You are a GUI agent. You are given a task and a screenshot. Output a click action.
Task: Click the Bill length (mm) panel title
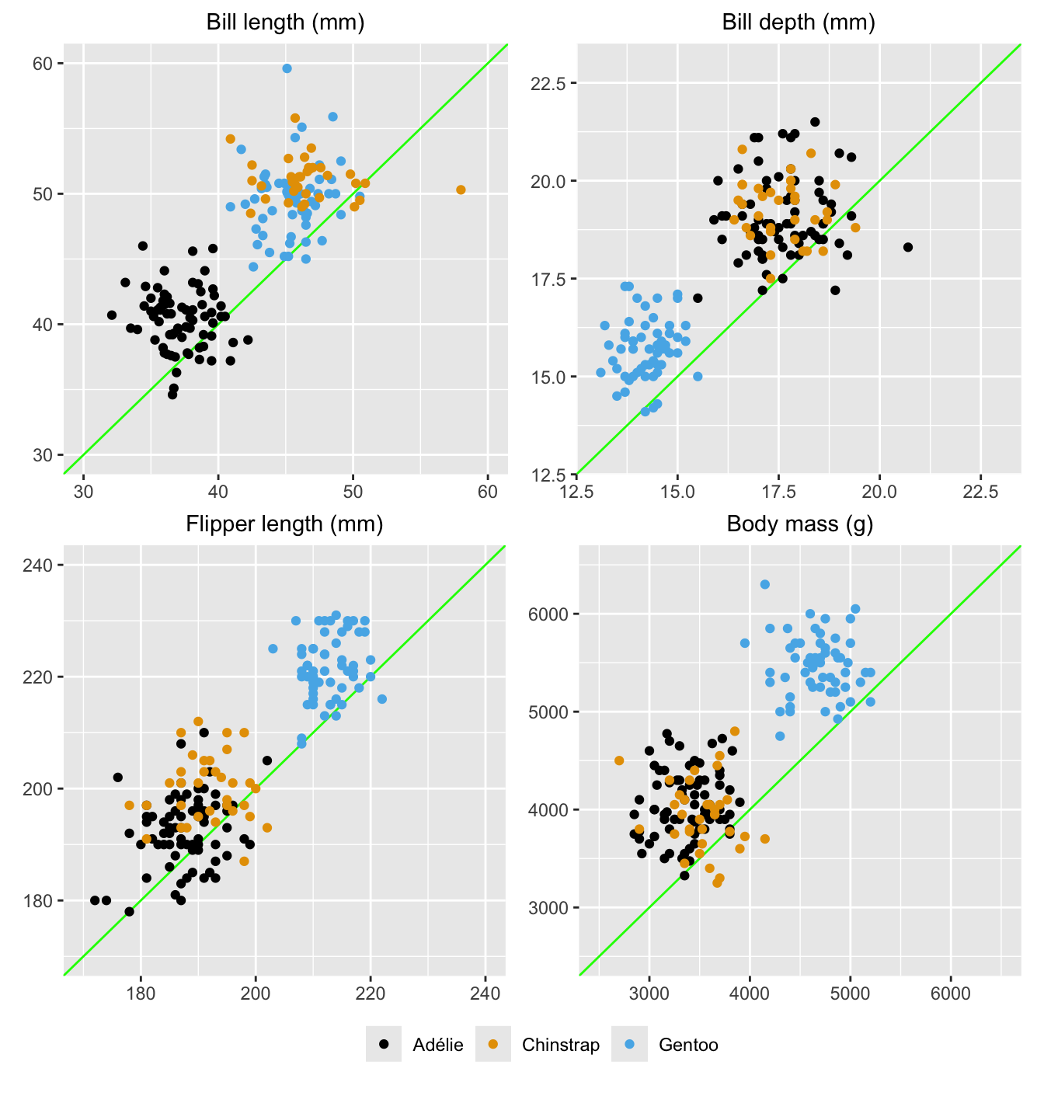pyautogui.click(x=285, y=22)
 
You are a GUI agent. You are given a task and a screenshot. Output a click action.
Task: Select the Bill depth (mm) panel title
pyautogui.click(x=799, y=22)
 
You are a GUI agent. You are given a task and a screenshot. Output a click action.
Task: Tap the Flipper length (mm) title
pyautogui.click(x=285, y=524)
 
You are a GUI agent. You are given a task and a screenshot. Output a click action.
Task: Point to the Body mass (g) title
pyautogui.click(x=800, y=524)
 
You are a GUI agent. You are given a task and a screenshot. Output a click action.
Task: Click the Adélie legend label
pyautogui.click(x=438, y=1045)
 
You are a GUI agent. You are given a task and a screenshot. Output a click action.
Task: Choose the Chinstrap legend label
pyautogui.click(x=561, y=1045)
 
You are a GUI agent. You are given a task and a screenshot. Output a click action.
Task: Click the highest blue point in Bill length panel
pyautogui.click(x=287, y=68)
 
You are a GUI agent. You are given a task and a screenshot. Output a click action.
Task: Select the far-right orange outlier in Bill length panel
pyautogui.click(x=461, y=190)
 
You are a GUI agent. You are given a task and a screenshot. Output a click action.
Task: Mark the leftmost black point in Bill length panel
pyautogui.click(x=112, y=315)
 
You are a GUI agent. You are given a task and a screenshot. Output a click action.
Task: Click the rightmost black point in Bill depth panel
pyautogui.click(x=907, y=247)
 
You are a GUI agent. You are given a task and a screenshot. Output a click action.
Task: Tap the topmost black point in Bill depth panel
pyautogui.click(x=815, y=122)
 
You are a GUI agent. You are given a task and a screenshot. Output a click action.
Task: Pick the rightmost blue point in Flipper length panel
pyautogui.click(x=382, y=699)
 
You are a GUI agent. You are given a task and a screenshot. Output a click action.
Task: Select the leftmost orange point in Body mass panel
pyautogui.click(x=619, y=760)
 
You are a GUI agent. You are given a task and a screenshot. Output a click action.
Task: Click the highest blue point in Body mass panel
pyautogui.click(x=764, y=584)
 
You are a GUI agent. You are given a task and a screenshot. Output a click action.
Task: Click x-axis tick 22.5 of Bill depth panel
pyautogui.click(x=980, y=492)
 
